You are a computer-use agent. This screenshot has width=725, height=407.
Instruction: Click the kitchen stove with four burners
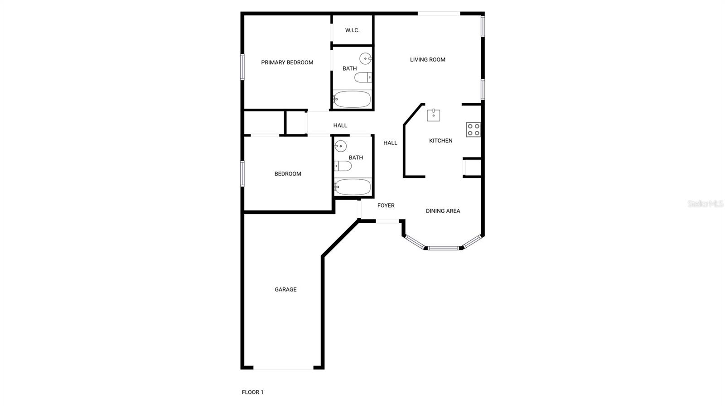point(473,129)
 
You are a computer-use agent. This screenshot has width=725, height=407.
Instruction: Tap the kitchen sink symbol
point(434,115)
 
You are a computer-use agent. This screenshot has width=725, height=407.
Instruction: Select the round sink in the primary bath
point(366,58)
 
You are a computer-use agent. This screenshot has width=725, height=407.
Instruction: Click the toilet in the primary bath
point(363,77)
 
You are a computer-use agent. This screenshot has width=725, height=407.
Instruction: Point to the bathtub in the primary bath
point(352,99)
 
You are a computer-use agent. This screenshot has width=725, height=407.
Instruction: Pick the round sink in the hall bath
point(340,146)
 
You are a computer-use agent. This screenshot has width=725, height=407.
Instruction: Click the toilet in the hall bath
point(343,166)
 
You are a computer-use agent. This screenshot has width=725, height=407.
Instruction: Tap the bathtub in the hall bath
point(353,187)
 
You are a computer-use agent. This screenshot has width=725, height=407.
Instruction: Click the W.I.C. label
point(352,30)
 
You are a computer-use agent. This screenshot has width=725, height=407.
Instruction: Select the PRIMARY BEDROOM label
point(287,62)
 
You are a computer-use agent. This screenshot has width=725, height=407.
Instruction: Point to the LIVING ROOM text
point(427,59)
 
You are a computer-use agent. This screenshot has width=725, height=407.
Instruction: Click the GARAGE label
point(285,289)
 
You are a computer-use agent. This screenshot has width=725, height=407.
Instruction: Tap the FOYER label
point(386,206)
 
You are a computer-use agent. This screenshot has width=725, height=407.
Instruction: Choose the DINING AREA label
point(443,211)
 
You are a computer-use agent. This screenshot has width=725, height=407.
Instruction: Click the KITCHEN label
point(440,141)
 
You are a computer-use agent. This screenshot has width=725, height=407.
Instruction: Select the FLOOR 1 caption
point(252,392)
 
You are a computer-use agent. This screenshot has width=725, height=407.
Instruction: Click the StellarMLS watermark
point(705,204)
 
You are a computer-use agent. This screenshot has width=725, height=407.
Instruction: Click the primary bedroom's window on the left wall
point(242,67)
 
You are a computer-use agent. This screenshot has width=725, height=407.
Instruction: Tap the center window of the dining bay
point(443,248)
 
